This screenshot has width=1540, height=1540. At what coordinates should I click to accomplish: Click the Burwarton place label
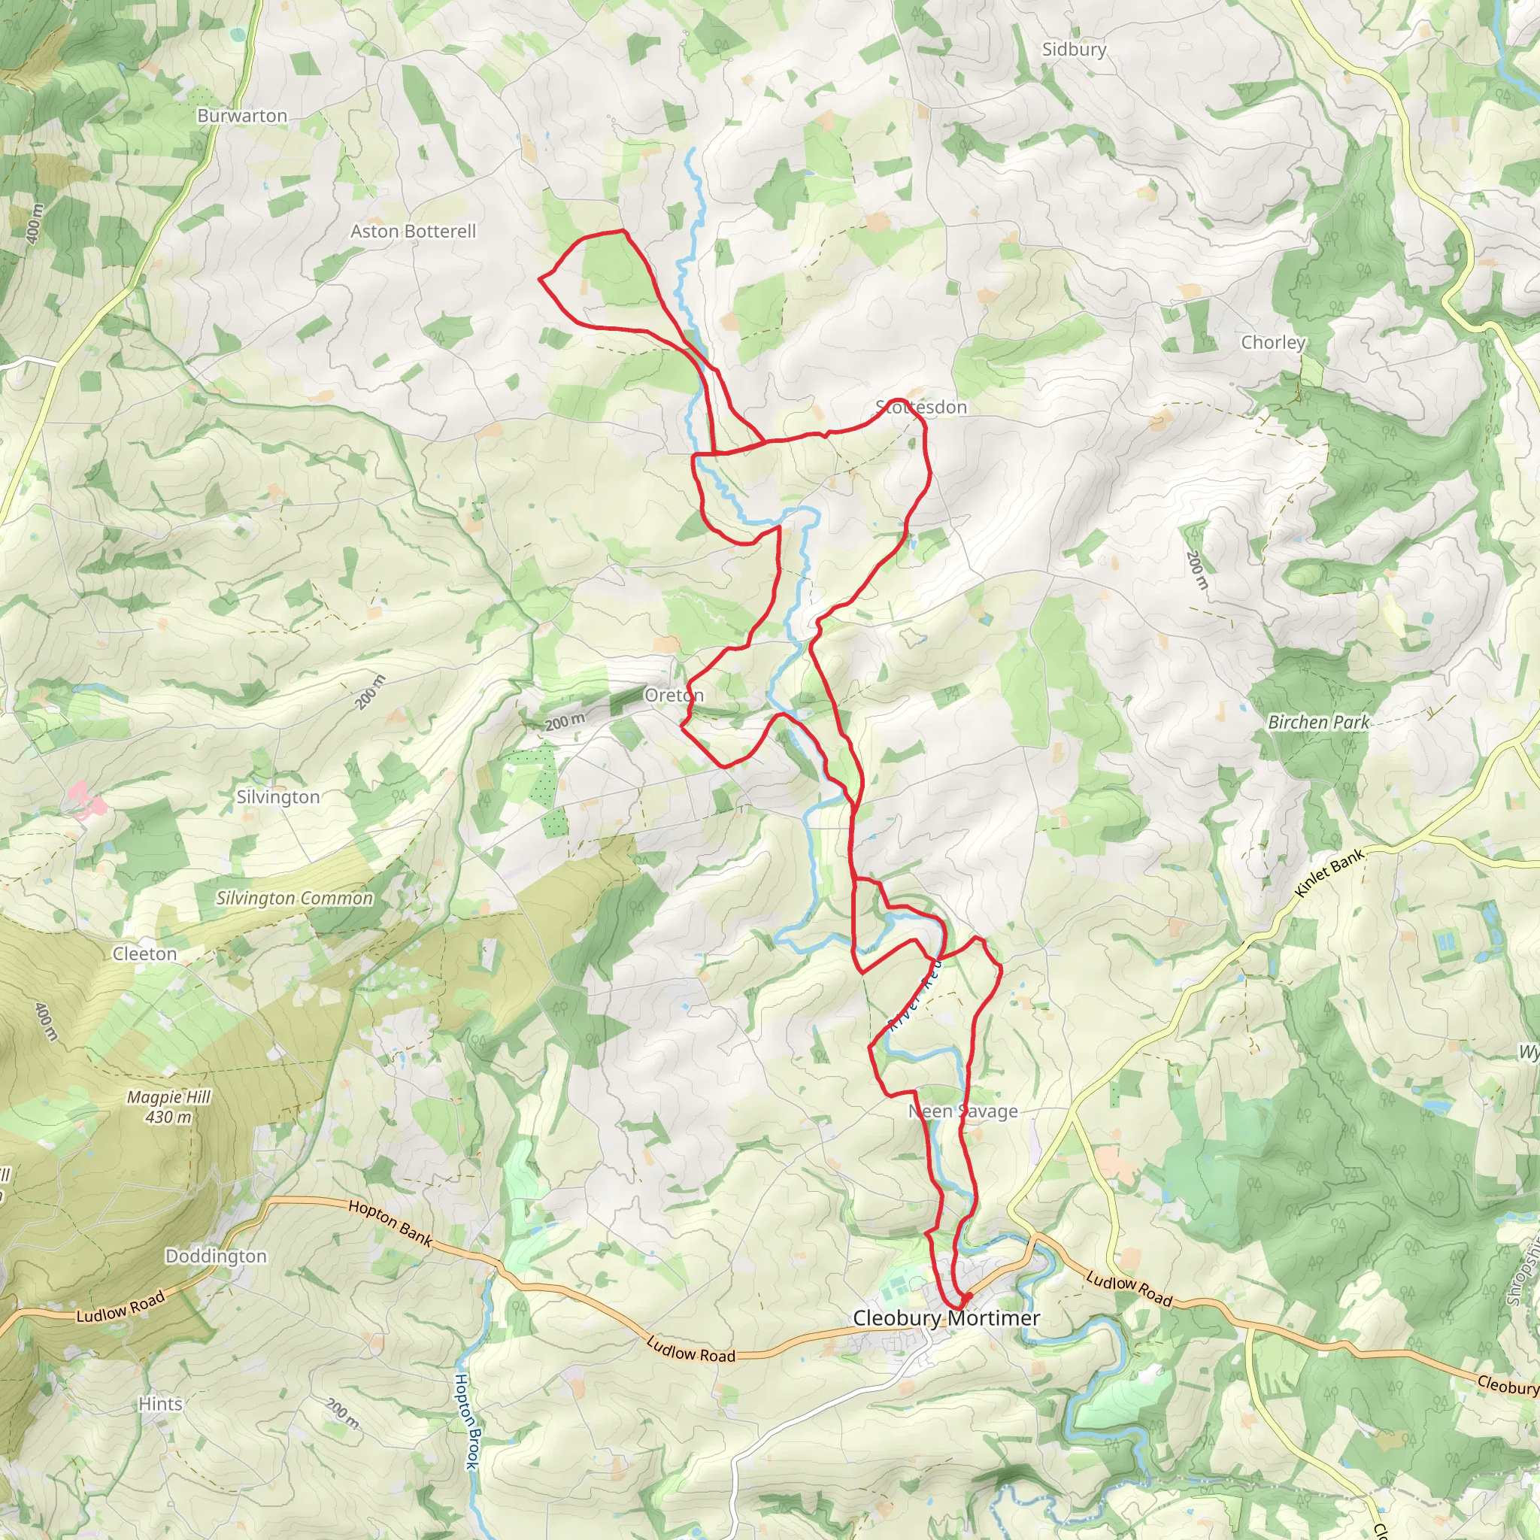[241, 117]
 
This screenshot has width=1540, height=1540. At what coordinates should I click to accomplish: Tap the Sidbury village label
[1074, 50]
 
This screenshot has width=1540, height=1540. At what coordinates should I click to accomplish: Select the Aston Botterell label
[413, 231]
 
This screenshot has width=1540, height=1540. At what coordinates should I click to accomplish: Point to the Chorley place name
[1272, 342]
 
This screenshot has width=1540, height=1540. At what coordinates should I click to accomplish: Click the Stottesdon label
[921, 408]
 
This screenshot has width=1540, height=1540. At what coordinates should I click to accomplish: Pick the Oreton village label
[674, 695]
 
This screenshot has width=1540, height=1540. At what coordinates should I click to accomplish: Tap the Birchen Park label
[1318, 722]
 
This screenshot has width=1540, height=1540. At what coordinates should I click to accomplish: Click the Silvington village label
[277, 797]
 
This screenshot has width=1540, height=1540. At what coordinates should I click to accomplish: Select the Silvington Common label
[294, 899]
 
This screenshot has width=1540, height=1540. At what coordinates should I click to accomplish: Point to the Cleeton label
[144, 954]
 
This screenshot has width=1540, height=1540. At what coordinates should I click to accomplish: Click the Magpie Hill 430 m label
[169, 1107]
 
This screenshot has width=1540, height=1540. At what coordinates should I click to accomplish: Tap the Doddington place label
[216, 1257]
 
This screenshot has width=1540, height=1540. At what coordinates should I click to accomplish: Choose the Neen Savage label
[963, 1111]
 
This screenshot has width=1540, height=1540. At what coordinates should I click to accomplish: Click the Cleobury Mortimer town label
[946, 1318]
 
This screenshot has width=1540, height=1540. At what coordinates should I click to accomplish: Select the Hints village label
[160, 1404]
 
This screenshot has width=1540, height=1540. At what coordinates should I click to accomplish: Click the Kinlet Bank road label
[1330, 873]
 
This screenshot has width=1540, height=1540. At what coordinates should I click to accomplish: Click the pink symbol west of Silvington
[85, 799]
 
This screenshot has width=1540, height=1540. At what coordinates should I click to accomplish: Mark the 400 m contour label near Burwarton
[34, 223]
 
